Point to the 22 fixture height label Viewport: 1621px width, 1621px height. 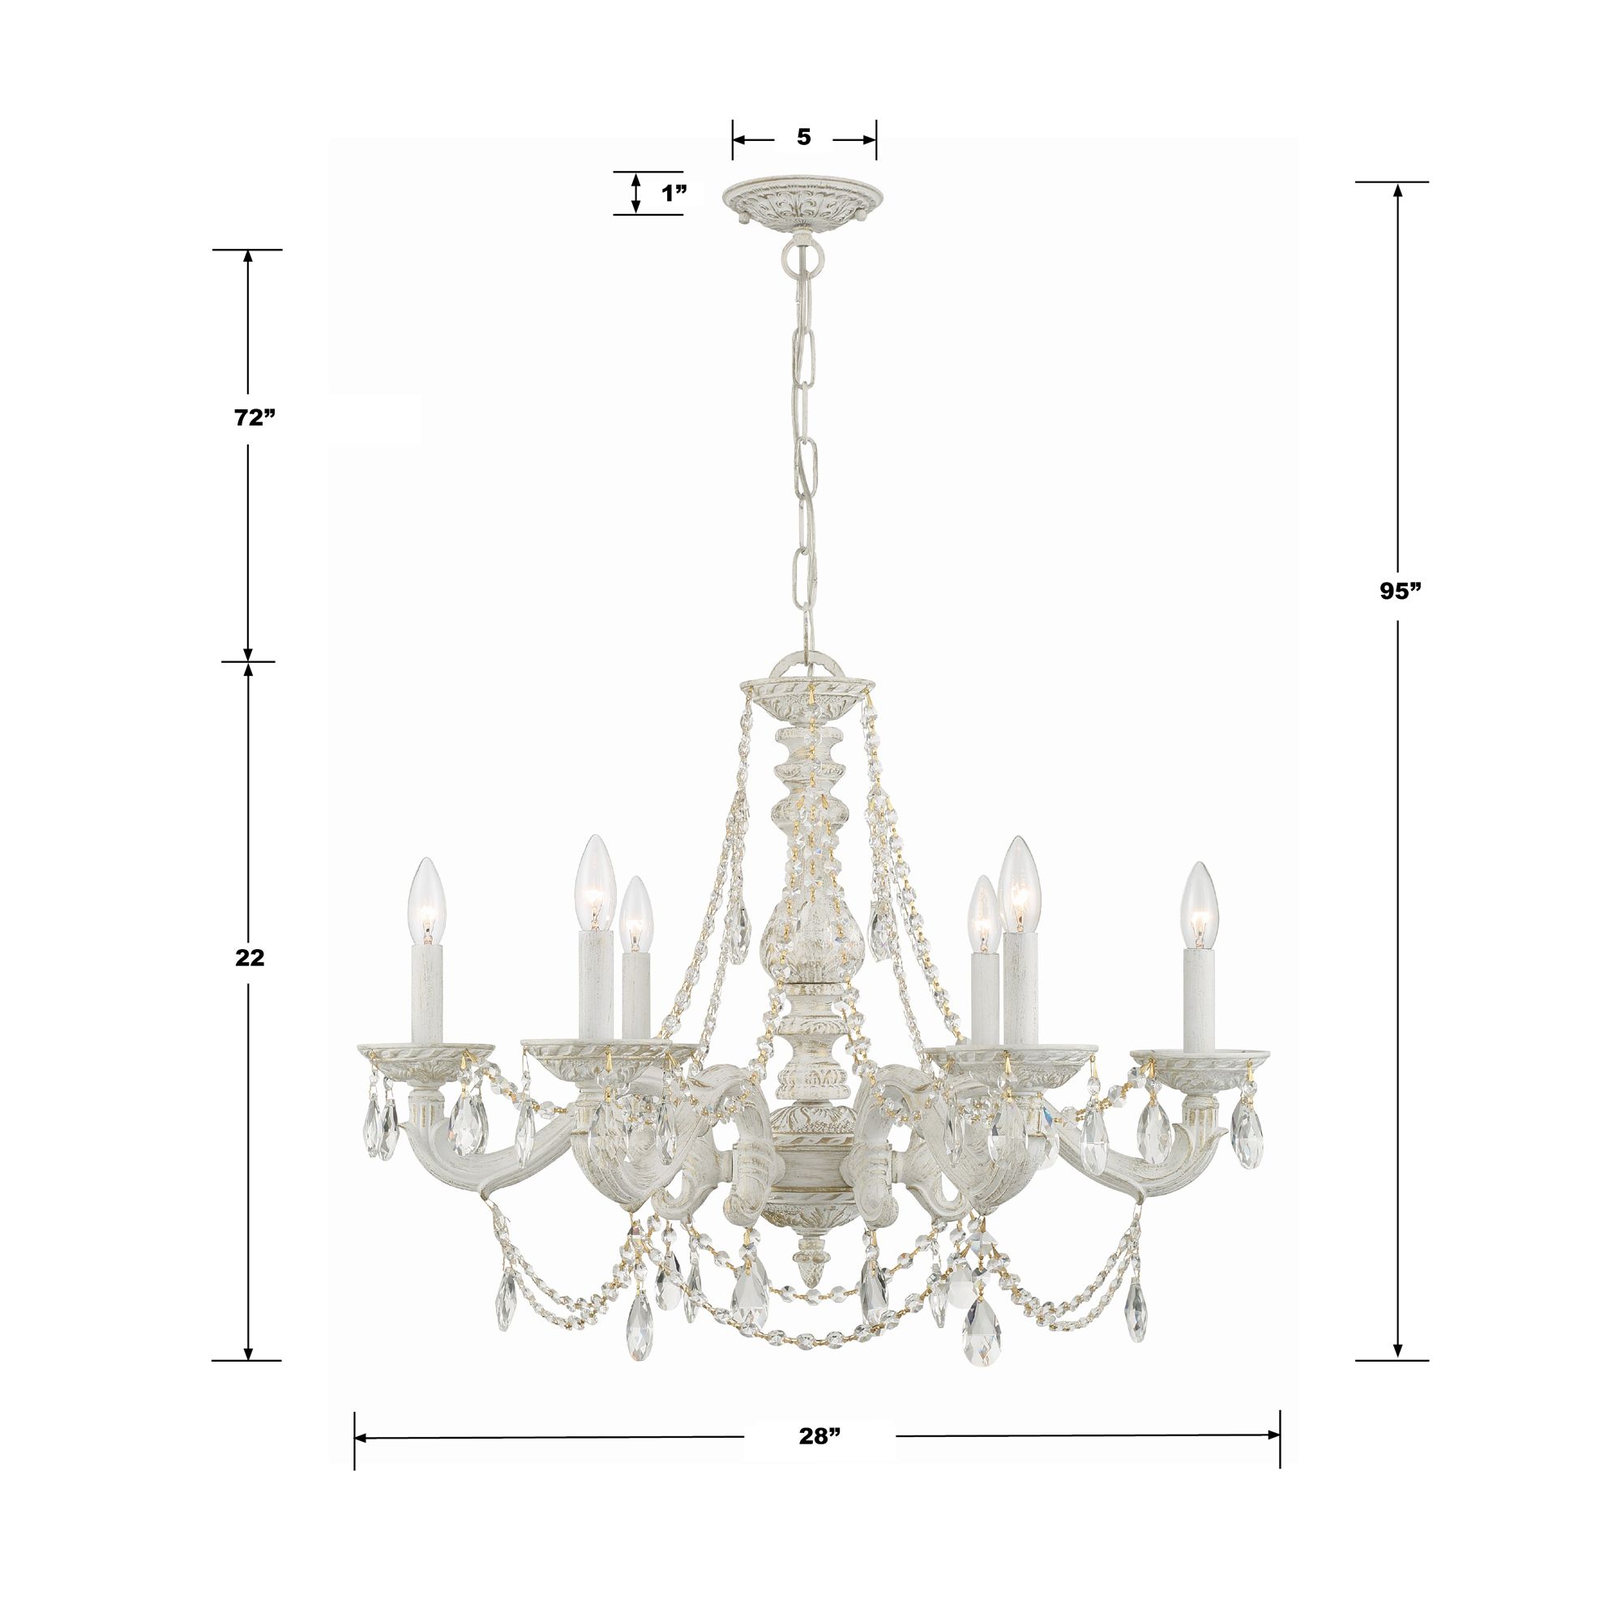pyautogui.click(x=249, y=957)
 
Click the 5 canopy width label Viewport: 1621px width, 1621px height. pyautogui.click(x=804, y=137)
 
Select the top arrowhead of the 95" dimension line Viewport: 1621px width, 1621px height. pyautogui.click(x=1397, y=190)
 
